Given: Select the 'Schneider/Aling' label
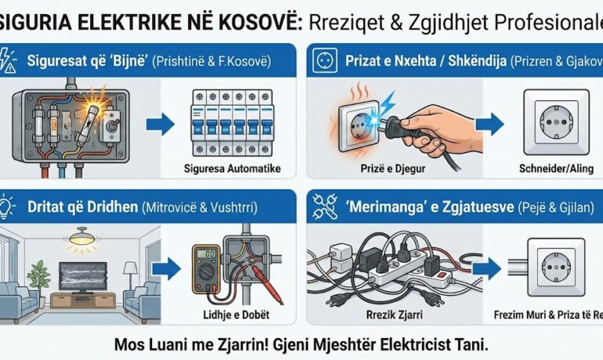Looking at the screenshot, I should pyautogui.click(x=541, y=167).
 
